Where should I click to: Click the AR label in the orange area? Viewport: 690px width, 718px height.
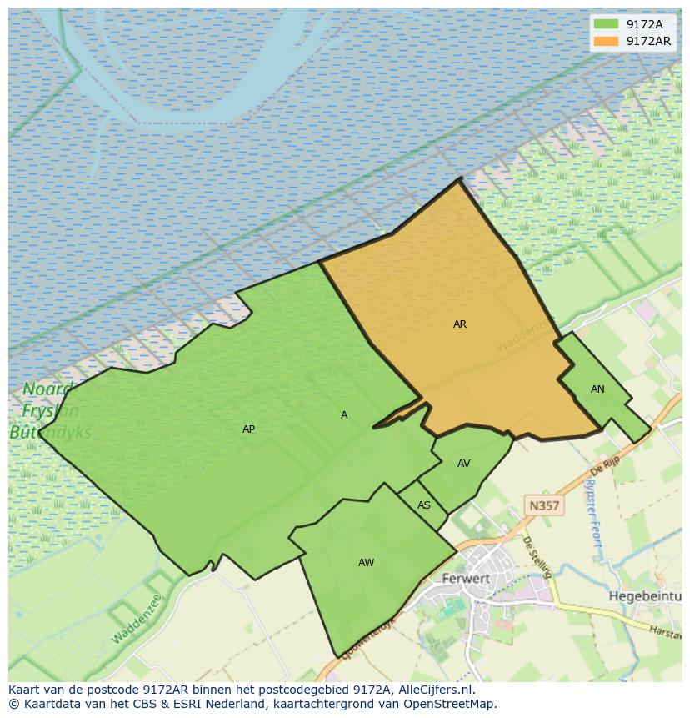coord(460,324)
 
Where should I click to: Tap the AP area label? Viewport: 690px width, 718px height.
coord(248,429)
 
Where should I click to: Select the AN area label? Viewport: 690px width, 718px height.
coord(597,389)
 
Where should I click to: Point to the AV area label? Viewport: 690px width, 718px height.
coord(464,464)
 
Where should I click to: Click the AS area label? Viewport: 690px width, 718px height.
coord(424,505)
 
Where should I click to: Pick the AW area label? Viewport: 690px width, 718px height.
coord(366,563)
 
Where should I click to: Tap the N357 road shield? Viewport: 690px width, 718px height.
coord(544,505)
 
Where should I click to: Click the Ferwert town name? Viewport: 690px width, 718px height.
coord(467,578)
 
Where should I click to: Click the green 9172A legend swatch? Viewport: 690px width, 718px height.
coord(606,24)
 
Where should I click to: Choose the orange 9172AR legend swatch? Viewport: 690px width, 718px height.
coord(606,41)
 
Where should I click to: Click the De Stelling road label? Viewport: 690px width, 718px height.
coord(537,556)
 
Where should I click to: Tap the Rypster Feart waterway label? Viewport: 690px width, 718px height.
coord(593,512)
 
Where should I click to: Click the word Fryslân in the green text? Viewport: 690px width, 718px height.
coord(51,411)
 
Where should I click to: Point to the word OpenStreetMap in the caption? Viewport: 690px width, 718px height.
coord(451,704)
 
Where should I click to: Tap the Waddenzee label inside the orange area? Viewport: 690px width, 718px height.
coord(524,334)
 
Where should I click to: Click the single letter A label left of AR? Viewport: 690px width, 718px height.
coord(344,415)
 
